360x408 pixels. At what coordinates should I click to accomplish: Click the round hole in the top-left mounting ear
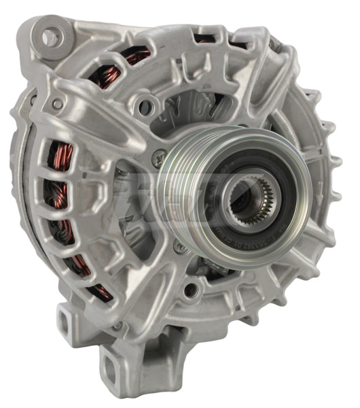[x=50, y=38]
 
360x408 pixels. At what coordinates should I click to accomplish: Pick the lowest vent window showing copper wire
[x=102, y=291]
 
